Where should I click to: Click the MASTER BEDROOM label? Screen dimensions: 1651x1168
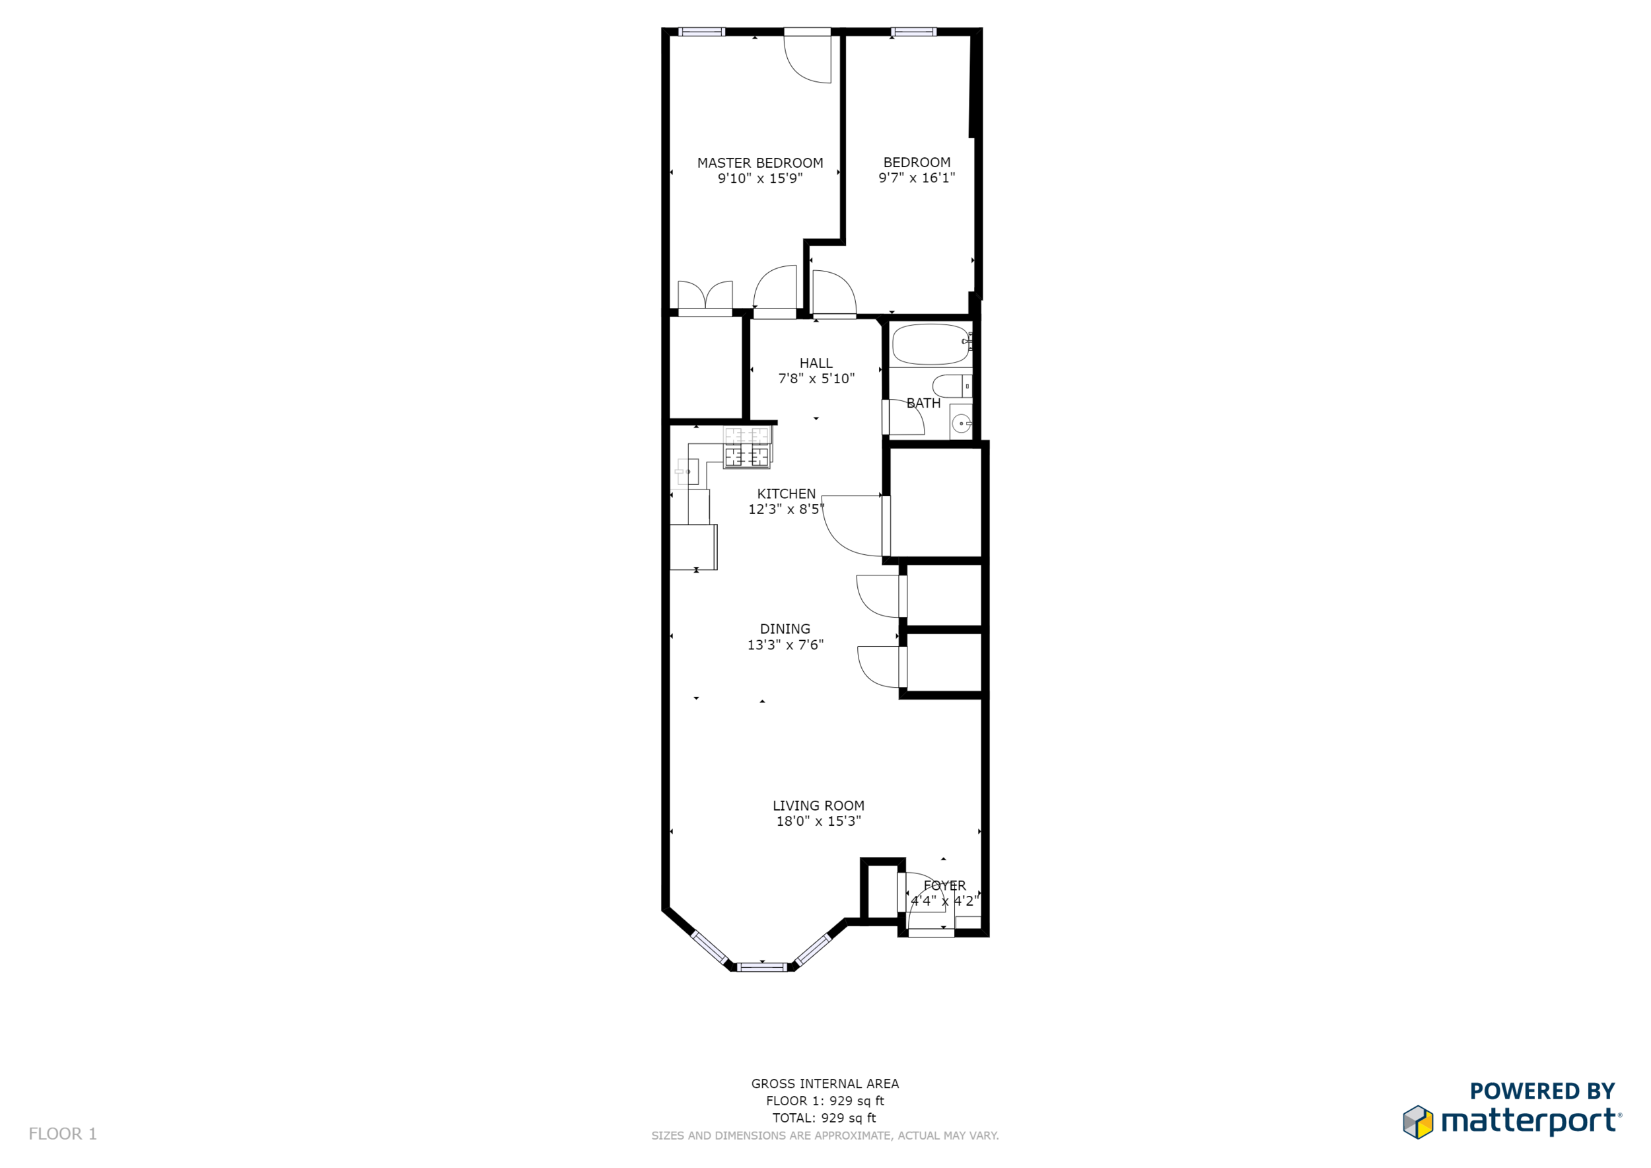(760, 163)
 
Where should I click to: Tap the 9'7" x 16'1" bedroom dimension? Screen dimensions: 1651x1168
(917, 178)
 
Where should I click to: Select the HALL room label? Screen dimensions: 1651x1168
(816, 363)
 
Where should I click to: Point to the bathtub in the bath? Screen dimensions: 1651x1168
(931, 344)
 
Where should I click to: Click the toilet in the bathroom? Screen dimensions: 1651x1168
(952, 386)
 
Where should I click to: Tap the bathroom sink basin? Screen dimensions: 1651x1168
(962, 423)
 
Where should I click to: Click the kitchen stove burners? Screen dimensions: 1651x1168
(747, 447)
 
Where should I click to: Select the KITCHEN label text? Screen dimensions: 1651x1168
(787, 494)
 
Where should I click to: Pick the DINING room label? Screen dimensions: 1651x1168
(785, 630)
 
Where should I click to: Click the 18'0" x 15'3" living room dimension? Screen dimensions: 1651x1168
(818, 821)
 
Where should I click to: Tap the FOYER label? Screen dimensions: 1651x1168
(945, 885)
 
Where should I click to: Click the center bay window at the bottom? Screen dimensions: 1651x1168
(762, 967)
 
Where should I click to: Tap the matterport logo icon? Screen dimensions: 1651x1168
(1417, 1122)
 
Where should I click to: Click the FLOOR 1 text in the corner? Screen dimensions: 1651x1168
(63, 1134)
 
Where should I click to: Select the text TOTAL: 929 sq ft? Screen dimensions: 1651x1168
(824, 1118)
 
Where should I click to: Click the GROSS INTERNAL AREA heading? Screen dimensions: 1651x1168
(825, 1084)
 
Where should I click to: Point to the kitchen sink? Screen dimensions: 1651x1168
(687, 472)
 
